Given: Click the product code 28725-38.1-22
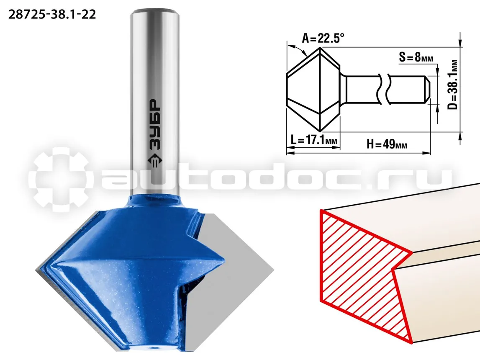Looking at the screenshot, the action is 52,14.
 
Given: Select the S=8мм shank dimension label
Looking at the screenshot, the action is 416,57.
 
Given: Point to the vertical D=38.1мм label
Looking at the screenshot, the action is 454,85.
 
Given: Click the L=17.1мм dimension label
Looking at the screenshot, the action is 314,140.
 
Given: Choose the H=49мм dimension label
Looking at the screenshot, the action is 387,144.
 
